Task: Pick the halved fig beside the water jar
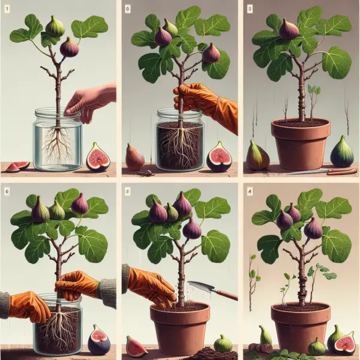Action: click(98, 157)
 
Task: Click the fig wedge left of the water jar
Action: click(18, 166)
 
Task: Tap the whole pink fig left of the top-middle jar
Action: click(134, 157)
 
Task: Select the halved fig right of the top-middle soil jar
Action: click(219, 157)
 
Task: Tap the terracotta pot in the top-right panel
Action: click(300, 144)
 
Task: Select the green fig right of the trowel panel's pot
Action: click(223, 343)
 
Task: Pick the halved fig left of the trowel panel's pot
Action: click(137, 346)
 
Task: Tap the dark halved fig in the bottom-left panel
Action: click(99, 340)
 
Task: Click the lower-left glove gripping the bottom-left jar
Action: click(27, 306)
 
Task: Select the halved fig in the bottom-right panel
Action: click(344, 344)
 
